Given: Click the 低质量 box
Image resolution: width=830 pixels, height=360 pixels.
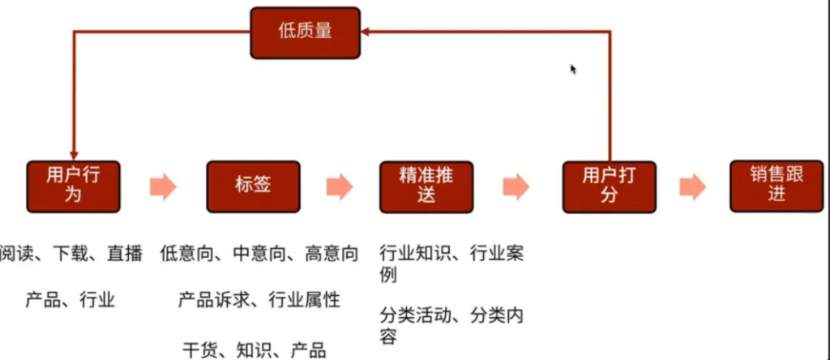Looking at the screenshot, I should pos(304,32).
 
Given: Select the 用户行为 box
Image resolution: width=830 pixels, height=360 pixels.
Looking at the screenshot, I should pos(73,185).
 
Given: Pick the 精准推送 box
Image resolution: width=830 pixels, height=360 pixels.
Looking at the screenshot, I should pos(426,186).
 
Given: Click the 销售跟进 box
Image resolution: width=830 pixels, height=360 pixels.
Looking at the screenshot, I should pos(777,185).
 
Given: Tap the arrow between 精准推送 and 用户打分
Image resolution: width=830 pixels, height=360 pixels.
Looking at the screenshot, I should pos(516,186).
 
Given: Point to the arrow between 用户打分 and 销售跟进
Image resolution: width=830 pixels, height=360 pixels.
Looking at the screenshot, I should pos(692,186).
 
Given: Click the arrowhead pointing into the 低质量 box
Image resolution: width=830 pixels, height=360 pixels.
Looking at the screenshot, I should pos(366,32).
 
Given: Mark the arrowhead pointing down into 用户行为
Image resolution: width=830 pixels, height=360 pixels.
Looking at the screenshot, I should pos(74,154).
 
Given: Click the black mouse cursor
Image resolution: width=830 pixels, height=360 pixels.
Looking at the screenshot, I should pos(573,69).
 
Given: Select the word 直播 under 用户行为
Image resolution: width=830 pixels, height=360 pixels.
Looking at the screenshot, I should pos(125,255).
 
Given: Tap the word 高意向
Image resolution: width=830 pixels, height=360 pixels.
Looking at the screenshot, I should pos(331,255).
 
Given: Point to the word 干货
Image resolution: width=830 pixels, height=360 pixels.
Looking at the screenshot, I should pos(199,350).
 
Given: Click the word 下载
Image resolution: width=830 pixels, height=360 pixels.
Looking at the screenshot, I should pos(71,255).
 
